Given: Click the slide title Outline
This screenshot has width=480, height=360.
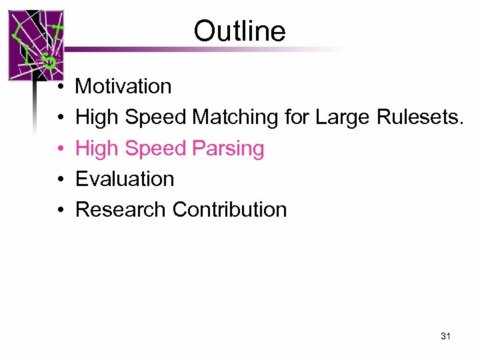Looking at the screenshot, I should click(x=239, y=31).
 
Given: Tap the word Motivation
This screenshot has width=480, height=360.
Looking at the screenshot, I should click(x=123, y=86).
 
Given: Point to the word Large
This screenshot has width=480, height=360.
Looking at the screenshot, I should click(x=343, y=117).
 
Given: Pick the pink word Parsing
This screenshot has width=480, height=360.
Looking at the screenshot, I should click(x=229, y=149).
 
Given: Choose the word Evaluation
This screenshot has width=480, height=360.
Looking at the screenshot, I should click(x=125, y=179).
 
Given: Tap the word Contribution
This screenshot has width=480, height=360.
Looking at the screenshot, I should click(x=229, y=209).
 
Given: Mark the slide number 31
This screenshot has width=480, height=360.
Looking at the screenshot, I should click(x=445, y=337).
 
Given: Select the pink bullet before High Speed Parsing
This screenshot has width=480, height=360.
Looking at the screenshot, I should click(x=60, y=149).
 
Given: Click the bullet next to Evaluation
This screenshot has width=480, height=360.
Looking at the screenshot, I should click(x=60, y=179).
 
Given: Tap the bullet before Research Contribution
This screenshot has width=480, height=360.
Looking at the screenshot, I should click(x=60, y=210).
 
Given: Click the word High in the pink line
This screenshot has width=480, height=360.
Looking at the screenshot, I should click(x=97, y=149).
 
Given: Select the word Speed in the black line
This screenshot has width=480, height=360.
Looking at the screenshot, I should click(x=156, y=117).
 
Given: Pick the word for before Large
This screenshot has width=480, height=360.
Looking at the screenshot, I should click(x=297, y=117).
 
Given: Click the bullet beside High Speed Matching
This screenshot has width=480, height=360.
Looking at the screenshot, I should click(x=60, y=118).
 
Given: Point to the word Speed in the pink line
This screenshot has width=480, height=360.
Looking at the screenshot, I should click(x=156, y=149).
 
